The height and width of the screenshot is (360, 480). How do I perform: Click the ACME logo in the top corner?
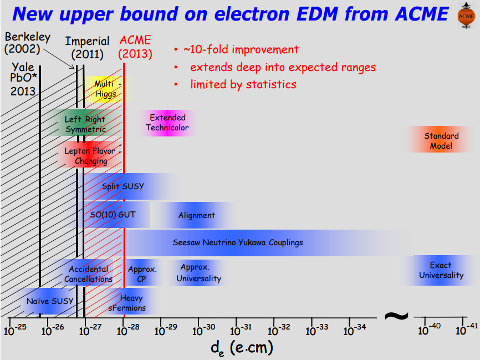tap(465, 16)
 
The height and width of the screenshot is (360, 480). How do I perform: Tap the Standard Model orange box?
tap(441, 141)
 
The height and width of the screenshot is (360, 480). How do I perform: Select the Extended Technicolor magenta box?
tap(167, 123)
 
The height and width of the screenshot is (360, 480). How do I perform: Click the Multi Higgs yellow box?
tap(105, 89)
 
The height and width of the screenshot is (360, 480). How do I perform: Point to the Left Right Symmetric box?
tap(84, 124)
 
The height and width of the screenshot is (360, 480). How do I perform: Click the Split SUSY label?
tap(123, 186)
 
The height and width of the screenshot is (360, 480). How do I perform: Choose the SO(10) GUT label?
tap(113, 215)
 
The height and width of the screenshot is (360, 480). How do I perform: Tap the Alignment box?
tap(196, 215)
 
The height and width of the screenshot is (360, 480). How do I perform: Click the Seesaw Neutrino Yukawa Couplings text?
tap(238, 242)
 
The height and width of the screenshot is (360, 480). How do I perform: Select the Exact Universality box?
tap(441, 270)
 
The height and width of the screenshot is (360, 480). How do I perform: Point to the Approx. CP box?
tap(142, 273)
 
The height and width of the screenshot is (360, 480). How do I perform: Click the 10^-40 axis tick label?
tap(428, 330)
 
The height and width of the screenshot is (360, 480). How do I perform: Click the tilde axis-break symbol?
tap(396, 316)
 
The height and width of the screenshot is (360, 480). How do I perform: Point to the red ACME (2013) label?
tap(136, 47)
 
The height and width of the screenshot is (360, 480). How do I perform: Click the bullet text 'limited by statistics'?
tap(243, 84)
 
